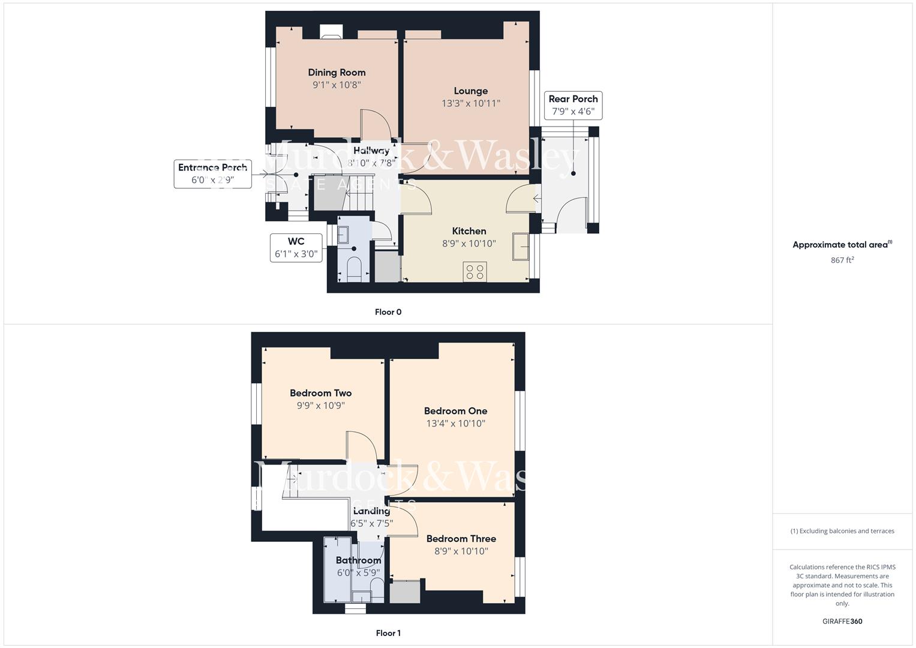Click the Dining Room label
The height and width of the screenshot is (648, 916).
tap(337, 73)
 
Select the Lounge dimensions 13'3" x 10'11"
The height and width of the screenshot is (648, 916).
tap(470, 103)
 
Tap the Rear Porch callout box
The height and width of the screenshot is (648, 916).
tap(573, 105)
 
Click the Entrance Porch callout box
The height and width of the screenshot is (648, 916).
tap(212, 173)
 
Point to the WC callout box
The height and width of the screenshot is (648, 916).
tap(296, 248)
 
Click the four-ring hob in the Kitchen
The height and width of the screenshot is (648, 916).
tap(474, 272)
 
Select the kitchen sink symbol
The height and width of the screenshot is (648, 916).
tap(520, 247)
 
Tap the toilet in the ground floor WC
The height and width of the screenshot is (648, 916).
tap(354, 269)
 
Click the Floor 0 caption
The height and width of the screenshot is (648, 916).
tap(388, 312)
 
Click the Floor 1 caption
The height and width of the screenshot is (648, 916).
tap(388, 633)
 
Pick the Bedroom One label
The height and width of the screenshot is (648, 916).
tap(455, 411)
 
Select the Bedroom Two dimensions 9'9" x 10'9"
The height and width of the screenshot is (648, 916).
tap(320, 406)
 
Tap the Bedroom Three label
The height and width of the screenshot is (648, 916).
tap(461, 539)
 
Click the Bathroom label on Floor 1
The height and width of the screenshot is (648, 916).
tap(358, 560)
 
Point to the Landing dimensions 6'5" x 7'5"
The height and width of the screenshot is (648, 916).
tap(372, 523)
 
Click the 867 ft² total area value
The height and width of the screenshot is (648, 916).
tap(842, 260)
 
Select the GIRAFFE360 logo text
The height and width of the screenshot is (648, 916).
tap(842, 621)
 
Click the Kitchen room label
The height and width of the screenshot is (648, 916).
tap(468, 231)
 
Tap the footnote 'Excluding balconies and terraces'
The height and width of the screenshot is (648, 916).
tap(842, 531)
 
